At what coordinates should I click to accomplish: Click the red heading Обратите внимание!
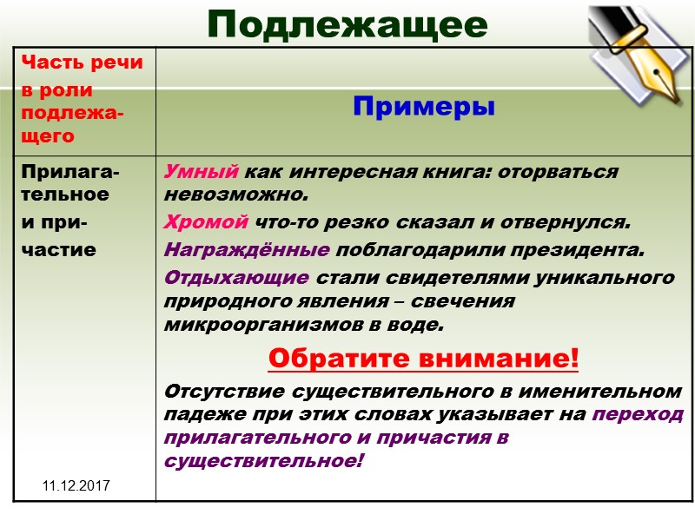(x=423, y=357)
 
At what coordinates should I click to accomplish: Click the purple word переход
(x=637, y=414)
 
